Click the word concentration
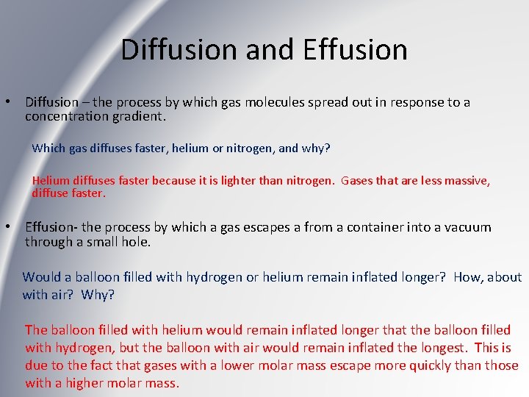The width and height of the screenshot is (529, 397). coord(69,116)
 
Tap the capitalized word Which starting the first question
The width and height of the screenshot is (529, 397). coord(48,148)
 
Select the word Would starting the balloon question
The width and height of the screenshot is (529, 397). coord(41,277)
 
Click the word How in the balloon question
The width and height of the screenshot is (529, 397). coord(468,277)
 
